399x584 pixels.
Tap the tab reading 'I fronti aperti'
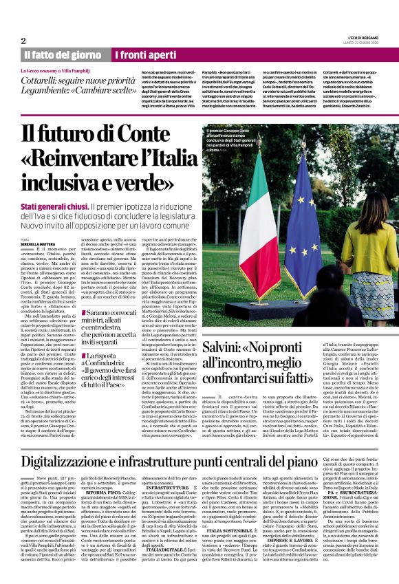click(x=145, y=54)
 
